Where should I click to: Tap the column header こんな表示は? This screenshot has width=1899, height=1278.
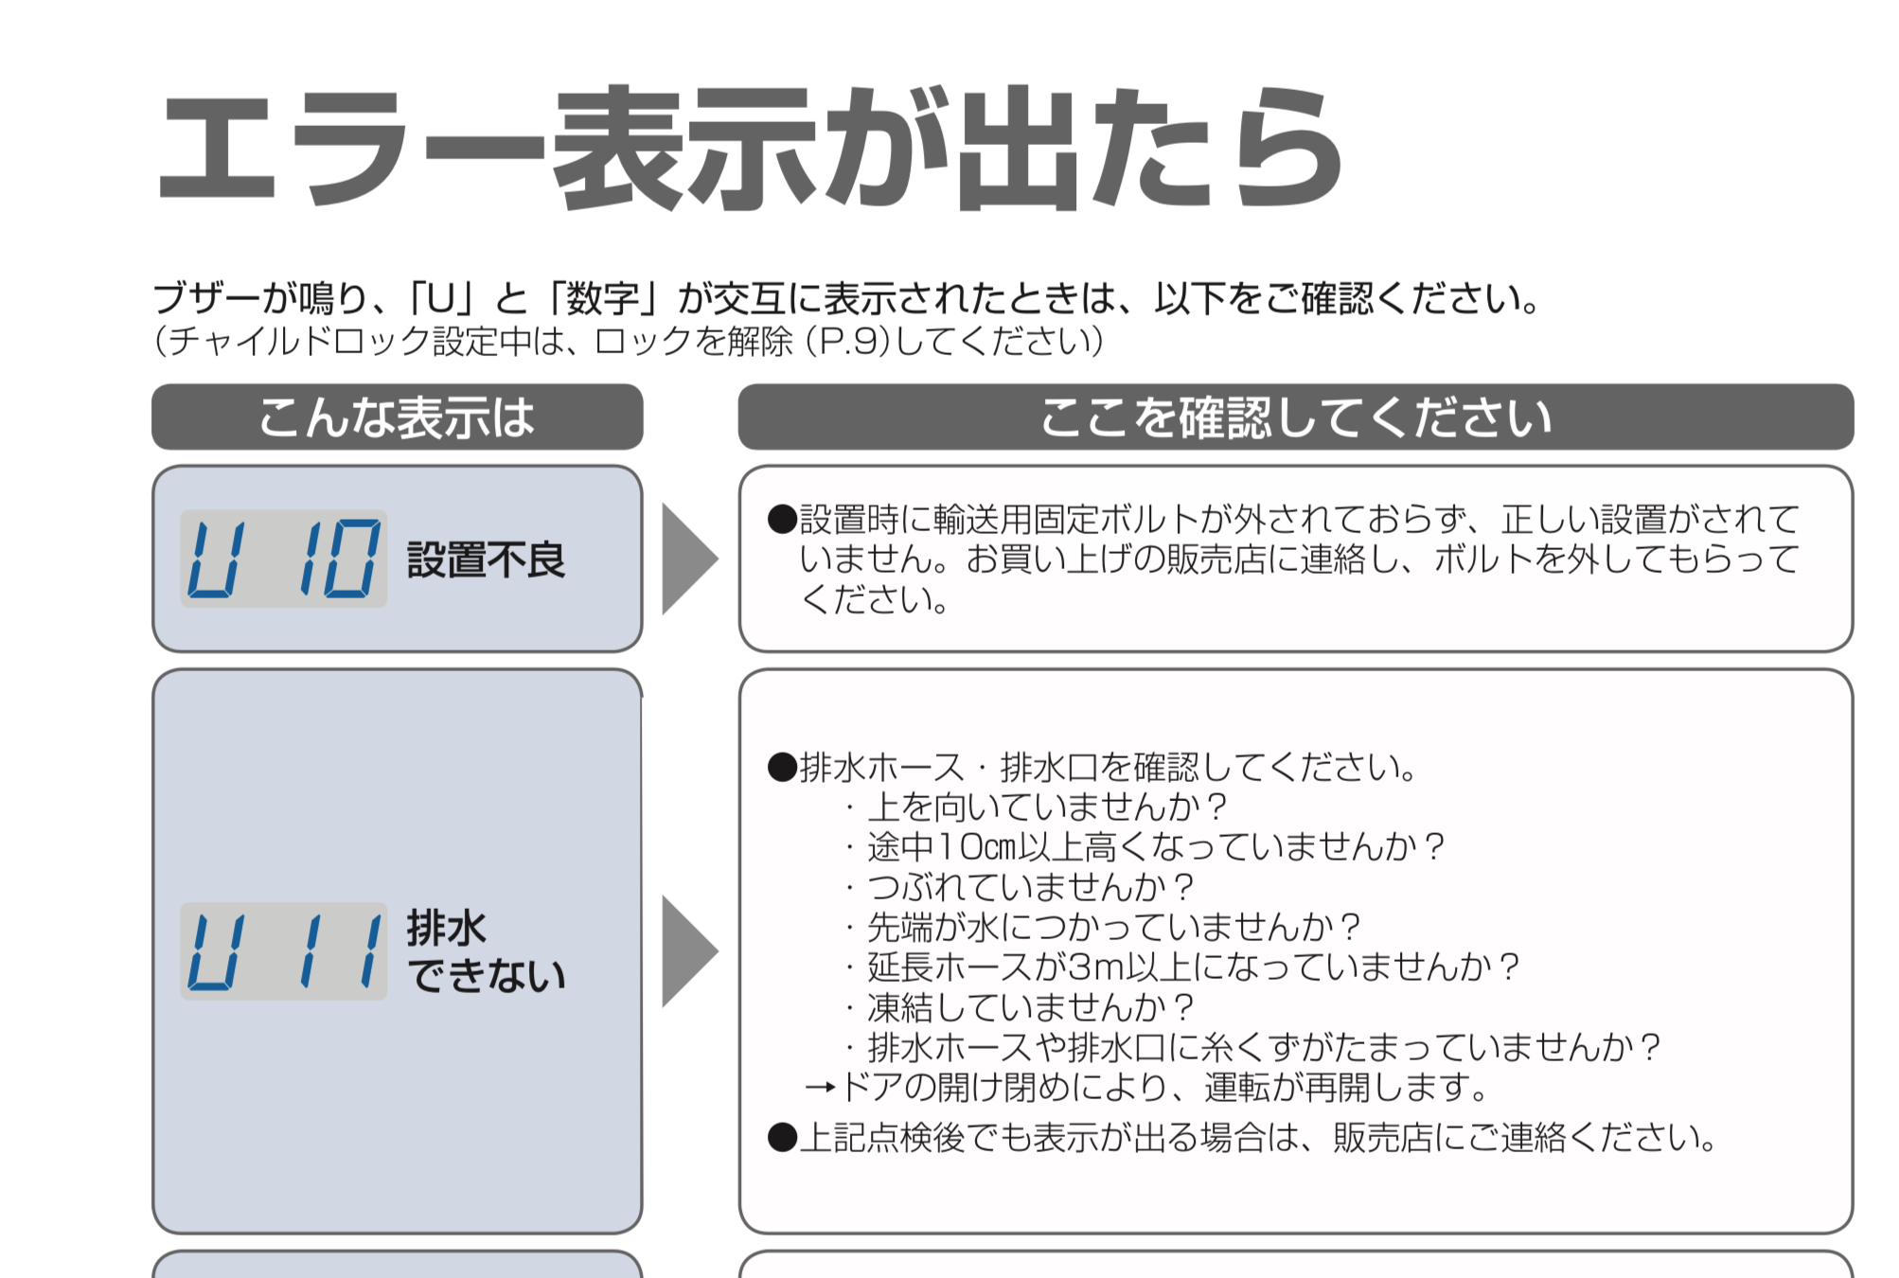397,417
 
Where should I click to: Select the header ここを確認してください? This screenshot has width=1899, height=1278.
1295,417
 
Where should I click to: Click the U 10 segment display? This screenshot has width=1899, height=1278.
284,559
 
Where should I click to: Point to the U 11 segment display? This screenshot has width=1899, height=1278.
284,951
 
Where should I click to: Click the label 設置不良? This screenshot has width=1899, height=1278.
487,559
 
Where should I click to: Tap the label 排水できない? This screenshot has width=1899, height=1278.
487,951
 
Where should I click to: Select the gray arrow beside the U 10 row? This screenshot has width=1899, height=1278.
690,559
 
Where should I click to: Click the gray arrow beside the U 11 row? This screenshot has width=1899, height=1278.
690,951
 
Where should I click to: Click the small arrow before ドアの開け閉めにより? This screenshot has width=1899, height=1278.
820,1087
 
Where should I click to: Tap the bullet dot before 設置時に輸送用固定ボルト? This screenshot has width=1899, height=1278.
783,519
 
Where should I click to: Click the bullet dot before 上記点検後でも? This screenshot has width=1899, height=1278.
783,1137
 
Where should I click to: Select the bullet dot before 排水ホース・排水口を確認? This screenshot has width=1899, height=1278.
783,767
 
